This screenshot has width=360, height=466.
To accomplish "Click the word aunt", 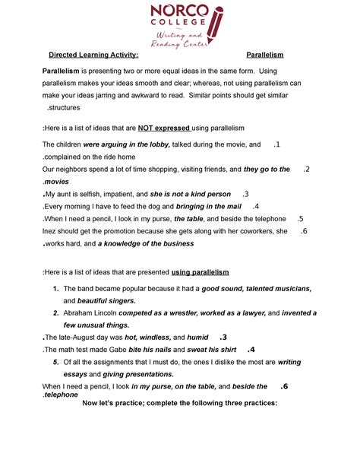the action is (69, 194).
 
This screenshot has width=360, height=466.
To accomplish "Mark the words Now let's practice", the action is (119, 403).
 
